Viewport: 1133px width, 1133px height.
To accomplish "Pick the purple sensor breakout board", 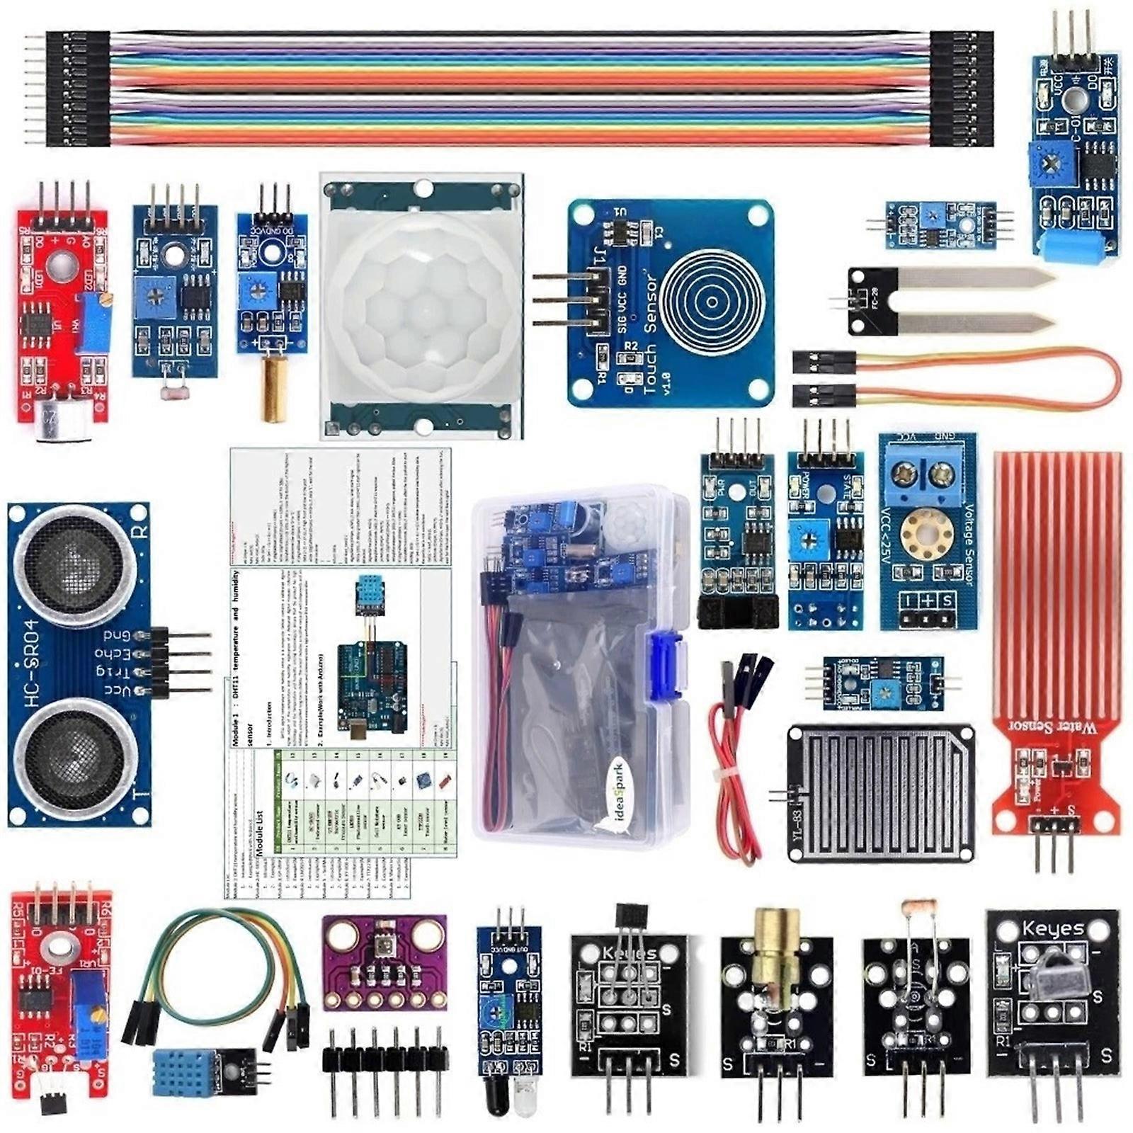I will point(385,962).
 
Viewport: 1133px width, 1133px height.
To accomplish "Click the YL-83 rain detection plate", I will point(882,793).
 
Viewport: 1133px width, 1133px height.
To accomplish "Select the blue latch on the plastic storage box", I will point(666,666).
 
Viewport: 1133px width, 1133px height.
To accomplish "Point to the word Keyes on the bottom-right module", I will point(1053,928).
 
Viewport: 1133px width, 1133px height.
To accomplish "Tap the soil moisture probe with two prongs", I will point(949,301).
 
